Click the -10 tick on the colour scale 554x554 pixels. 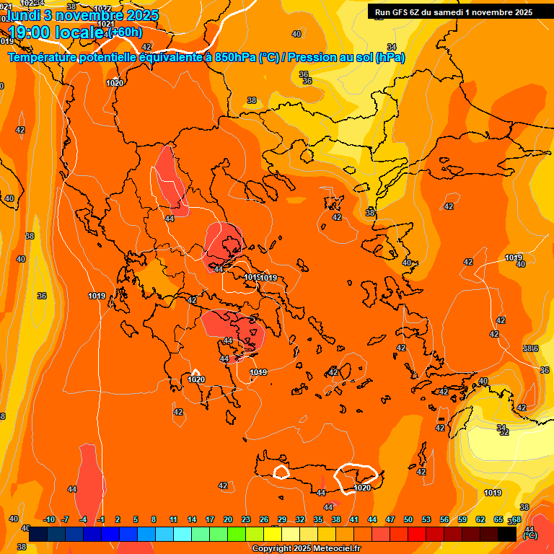pyautogui.click(x=49, y=519)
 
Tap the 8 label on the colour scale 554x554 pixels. pyautogui.click(x=154, y=519)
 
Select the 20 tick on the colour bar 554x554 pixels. pyautogui.click(x=228, y=519)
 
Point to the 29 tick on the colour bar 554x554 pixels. pyautogui.click(x=282, y=519)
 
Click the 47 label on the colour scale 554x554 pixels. pyautogui.click(x=390, y=519)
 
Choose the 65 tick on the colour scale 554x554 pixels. pyautogui.click(x=498, y=519)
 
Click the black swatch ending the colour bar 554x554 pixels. pyautogui.click(x=507, y=534)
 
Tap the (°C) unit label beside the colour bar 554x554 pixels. pyautogui.click(x=529, y=535)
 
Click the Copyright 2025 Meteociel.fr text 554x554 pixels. pyautogui.click(x=307, y=549)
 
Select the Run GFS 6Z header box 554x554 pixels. pyautogui.click(x=453, y=12)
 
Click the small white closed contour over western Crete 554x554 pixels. pyautogui.click(x=281, y=472)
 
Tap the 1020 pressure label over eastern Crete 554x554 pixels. pyautogui.click(x=363, y=488)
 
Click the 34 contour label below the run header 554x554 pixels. pyautogui.click(x=392, y=47)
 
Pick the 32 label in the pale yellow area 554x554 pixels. pyautogui.click(x=504, y=432)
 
